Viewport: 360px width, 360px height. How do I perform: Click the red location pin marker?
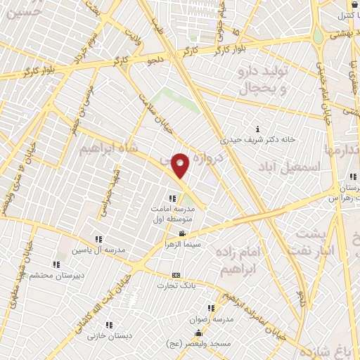(x=181, y=166)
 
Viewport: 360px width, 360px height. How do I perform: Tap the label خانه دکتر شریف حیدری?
(x=257, y=139)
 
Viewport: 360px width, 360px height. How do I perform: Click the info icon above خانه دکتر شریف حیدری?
(x=258, y=129)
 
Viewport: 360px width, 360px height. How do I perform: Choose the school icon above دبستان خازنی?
(x=110, y=325)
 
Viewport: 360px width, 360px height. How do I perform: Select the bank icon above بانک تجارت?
(x=176, y=275)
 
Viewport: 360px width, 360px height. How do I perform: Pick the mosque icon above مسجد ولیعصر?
(x=199, y=333)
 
